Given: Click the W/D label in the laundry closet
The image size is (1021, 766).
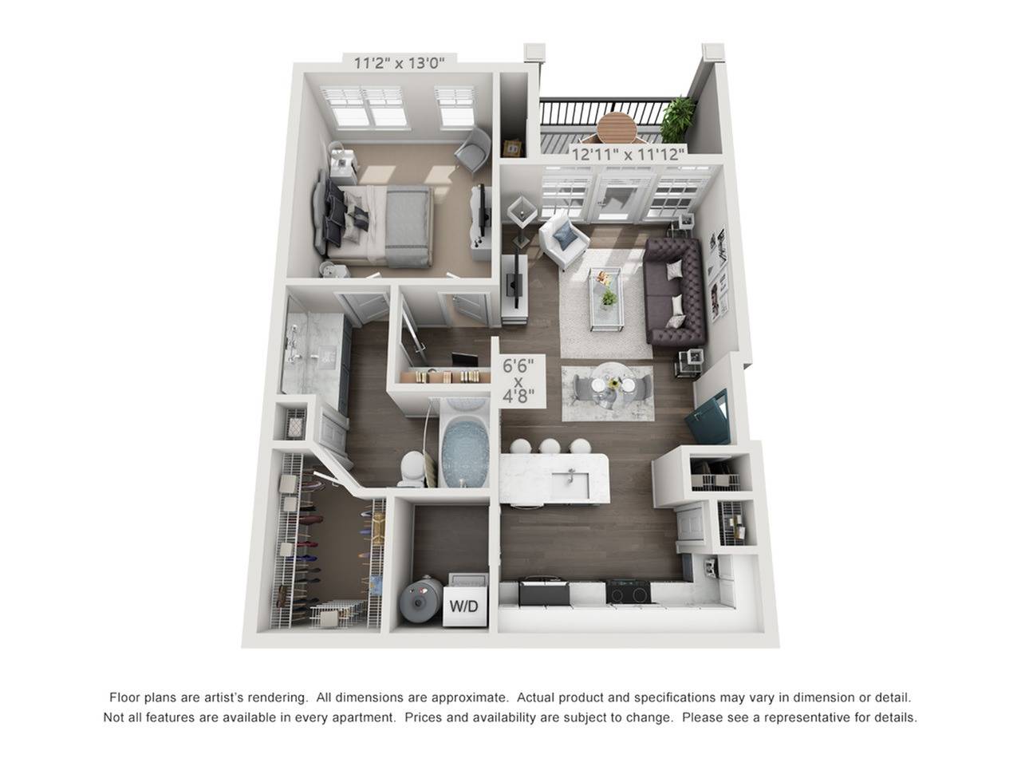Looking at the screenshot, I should click(463, 606).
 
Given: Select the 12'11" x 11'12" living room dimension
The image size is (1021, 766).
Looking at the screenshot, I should click(628, 155).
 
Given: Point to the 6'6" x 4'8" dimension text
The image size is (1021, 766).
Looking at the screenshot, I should click(523, 380).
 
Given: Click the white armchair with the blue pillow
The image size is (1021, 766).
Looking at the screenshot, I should click(565, 242).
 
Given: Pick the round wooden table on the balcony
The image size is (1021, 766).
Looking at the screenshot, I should click(614, 127).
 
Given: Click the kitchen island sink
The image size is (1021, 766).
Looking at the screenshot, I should click(571, 483).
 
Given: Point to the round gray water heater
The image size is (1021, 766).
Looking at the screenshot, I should click(418, 602).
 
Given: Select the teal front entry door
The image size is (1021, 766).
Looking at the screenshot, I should click(713, 417).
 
